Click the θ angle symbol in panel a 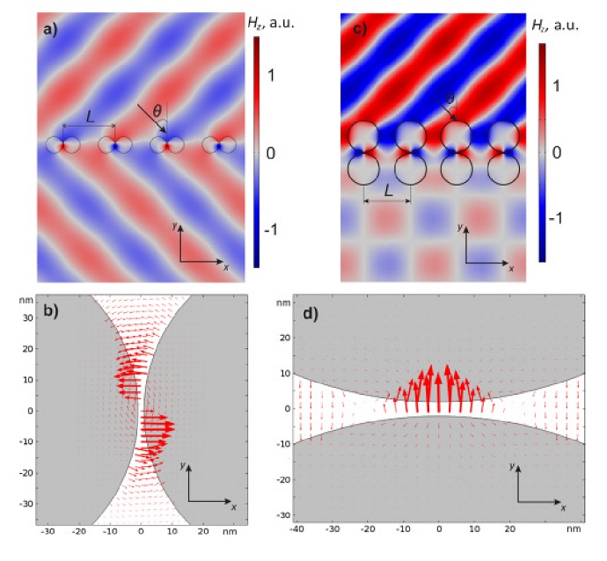point(158,111)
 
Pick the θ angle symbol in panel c point(450,98)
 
